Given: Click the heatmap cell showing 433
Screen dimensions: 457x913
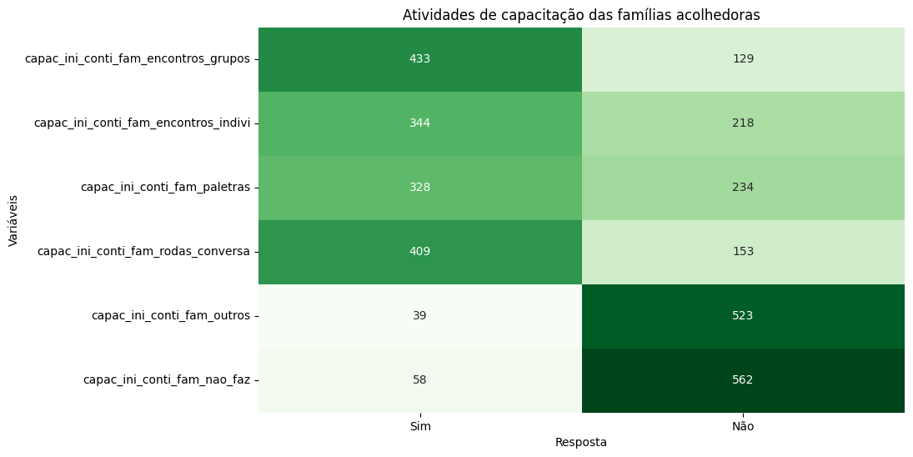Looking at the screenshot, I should coord(419,59).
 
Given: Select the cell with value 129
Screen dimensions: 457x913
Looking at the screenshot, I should coord(743,59).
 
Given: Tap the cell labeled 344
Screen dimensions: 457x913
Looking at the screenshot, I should coord(419,123).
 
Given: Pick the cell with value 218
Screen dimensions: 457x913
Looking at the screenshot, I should coord(743,123).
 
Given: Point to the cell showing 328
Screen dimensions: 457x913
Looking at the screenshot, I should coord(419,188).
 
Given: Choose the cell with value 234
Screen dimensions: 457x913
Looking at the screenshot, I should coord(743,188).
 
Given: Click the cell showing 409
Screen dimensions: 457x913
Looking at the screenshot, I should coord(419,252).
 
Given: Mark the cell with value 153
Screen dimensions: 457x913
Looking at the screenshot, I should coord(743,252).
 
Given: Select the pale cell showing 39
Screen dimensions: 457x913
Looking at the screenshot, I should coord(419,316).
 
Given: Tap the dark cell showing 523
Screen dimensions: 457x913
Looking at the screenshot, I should coord(743,316).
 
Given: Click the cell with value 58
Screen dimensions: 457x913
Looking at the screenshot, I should coord(419,380).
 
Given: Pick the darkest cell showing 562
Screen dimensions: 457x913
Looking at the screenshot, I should coord(743,380).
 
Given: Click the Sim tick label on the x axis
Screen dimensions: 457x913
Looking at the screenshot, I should coord(420,426).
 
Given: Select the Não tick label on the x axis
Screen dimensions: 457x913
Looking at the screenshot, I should coord(743,426).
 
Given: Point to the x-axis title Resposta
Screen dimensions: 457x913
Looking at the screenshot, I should coord(581,442).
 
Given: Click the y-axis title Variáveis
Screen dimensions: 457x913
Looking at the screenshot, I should coord(13,220).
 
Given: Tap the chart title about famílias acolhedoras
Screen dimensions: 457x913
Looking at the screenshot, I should coord(581,15).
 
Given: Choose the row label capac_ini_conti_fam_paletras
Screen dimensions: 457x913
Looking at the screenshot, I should coord(165,188).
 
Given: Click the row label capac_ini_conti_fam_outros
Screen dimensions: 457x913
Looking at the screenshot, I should coord(170,316).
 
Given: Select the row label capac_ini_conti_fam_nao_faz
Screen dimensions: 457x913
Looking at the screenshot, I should coord(166,380).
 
